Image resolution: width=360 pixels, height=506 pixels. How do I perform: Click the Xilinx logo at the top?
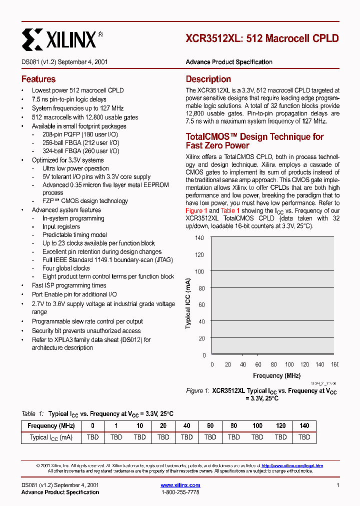click(x=62, y=38)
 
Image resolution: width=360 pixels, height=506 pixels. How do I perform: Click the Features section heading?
click(x=38, y=79)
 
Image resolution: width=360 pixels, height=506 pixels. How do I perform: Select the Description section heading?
click(x=208, y=79)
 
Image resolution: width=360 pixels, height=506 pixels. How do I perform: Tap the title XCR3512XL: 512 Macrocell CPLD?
click(x=262, y=38)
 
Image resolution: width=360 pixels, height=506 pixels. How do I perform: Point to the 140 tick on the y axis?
click(x=199, y=238)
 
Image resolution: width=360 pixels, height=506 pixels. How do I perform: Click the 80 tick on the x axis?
click(x=273, y=364)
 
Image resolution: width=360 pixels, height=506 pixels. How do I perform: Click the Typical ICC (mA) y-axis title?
click(x=188, y=303)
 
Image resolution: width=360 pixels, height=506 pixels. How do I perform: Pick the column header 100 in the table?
click(x=257, y=426)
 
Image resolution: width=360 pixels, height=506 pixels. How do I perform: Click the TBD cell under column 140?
click(x=304, y=437)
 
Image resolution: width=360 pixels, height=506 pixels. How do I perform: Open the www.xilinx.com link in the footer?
click(x=180, y=485)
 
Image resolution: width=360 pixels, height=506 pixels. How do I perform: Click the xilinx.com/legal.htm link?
click(x=292, y=465)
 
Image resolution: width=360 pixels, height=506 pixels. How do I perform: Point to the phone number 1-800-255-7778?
click(x=180, y=492)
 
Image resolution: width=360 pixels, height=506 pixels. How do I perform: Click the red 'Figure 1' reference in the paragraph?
click(x=194, y=210)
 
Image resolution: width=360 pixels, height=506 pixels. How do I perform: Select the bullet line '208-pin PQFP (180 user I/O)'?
click(x=80, y=135)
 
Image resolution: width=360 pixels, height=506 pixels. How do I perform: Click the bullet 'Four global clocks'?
click(x=66, y=268)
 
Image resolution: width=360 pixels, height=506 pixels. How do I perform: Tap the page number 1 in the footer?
click(x=338, y=485)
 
